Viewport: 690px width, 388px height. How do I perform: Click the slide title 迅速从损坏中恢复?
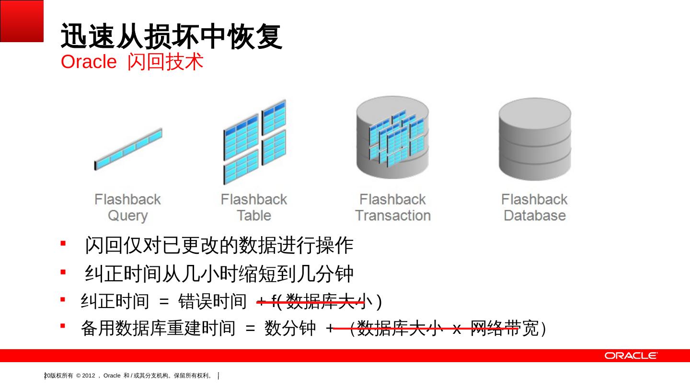[x=171, y=36]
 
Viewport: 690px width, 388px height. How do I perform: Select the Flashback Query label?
[x=127, y=207]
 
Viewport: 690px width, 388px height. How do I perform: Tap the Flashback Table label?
[x=253, y=207]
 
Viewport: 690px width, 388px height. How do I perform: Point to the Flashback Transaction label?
[x=392, y=207]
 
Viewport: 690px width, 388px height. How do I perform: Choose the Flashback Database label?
[x=534, y=207]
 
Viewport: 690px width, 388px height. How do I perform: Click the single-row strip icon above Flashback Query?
[x=128, y=149]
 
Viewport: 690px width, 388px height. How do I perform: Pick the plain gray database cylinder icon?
[x=535, y=139]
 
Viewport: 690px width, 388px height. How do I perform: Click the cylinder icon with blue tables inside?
[x=392, y=139]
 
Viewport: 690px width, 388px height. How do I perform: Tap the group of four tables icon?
[x=254, y=142]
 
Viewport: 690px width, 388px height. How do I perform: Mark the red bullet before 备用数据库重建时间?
[x=63, y=326]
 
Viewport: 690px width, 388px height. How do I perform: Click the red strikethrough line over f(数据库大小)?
[x=311, y=302]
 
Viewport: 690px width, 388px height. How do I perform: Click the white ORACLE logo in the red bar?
[x=631, y=355]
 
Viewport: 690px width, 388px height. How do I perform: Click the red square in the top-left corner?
[x=22, y=21]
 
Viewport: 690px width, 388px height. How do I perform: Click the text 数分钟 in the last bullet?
[x=290, y=329]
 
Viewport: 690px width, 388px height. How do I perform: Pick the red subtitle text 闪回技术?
[x=166, y=62]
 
